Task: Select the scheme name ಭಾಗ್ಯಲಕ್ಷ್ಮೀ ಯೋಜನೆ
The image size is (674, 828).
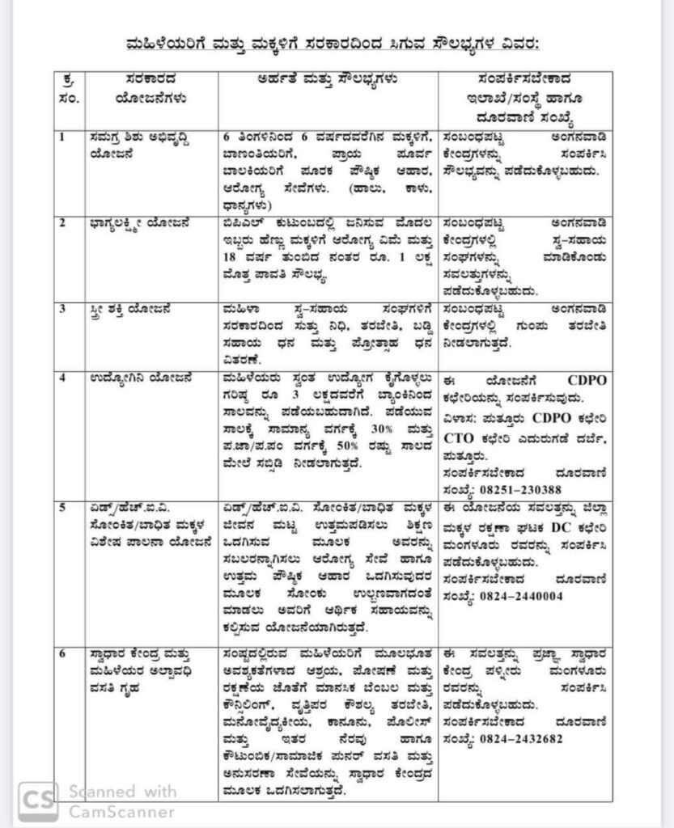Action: (139, 222)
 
